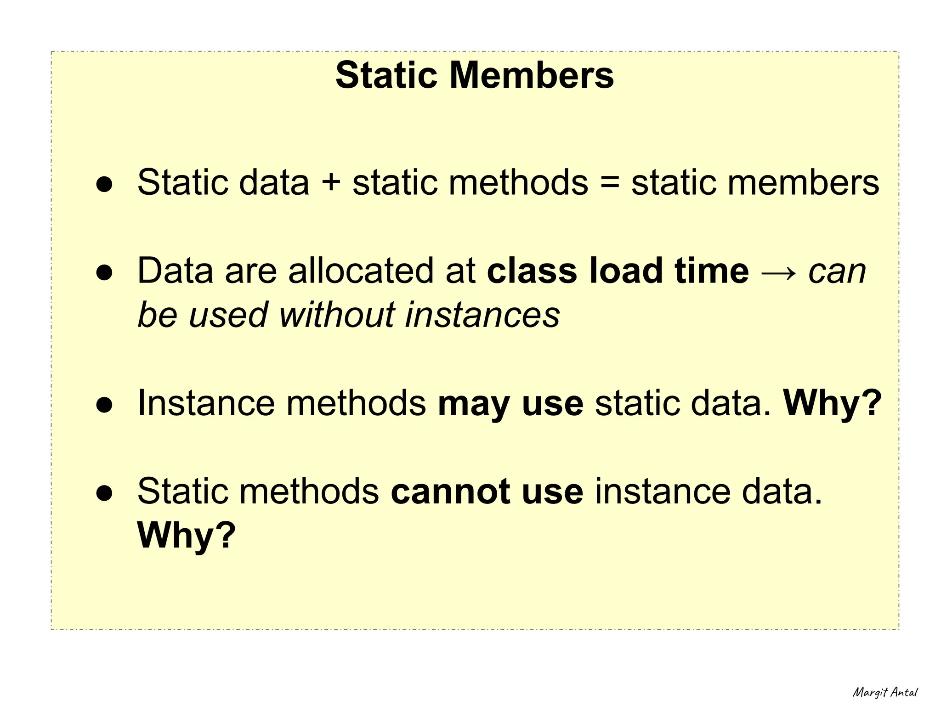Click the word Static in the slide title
pos(386,75)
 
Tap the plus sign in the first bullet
pos(331,183)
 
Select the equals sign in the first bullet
pos(610,183)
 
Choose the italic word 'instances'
pos(482,315)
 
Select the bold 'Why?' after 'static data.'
pos(832,403)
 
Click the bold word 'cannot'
pos(450,492)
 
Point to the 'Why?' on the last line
pos(186,536)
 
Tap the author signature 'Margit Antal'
pos(885,692)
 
